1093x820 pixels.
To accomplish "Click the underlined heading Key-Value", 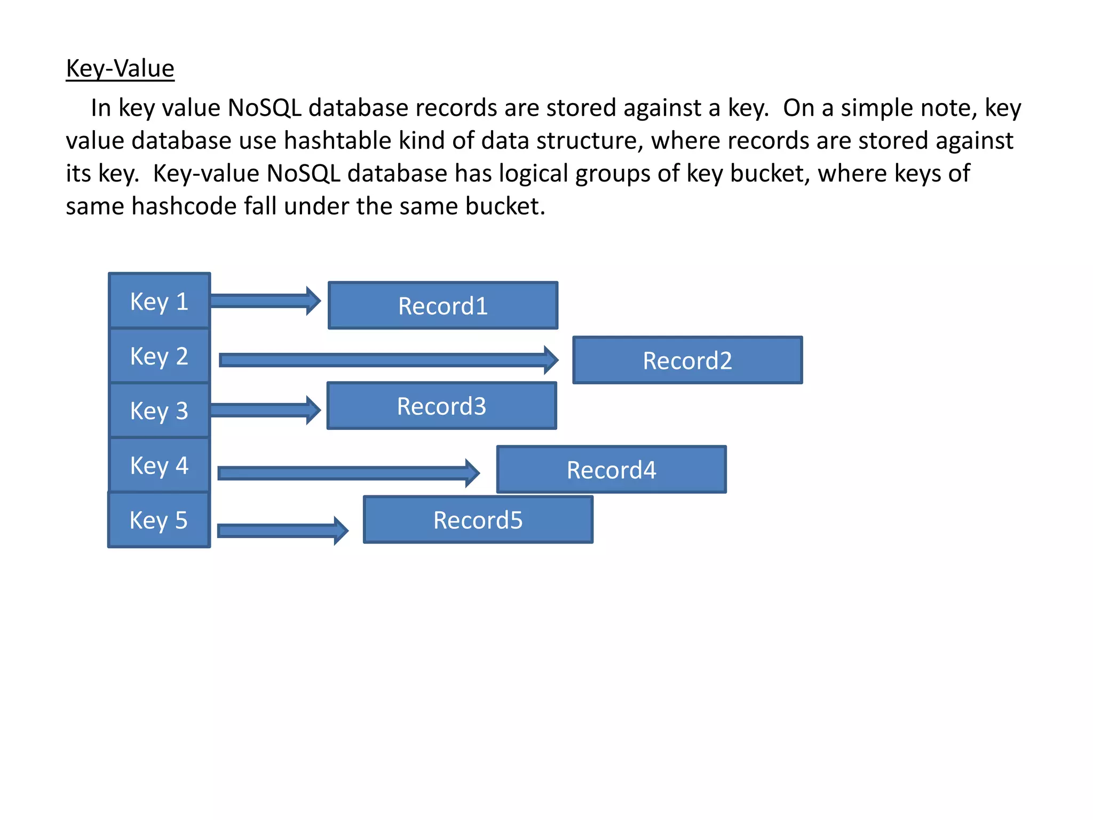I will [120, 69].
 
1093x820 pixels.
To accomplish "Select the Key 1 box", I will [159, 301].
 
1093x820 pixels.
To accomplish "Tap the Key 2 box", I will [159, 356].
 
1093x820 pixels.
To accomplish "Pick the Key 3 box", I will [159, 411].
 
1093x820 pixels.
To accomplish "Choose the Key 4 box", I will [159, 465].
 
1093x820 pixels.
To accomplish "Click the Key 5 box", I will [159, 520].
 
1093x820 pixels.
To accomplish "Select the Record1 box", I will [443, 306].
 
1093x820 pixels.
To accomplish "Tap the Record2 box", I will [687, 360].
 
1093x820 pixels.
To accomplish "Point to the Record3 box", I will [441, 406].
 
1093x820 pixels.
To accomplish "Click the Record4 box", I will [611, 470].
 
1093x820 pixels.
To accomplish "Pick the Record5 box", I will [478, 520].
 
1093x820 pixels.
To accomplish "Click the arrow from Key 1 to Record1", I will [264, 301].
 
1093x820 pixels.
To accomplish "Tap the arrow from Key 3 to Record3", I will [264, 410].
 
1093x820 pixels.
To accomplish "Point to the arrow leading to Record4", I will [347, 473].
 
